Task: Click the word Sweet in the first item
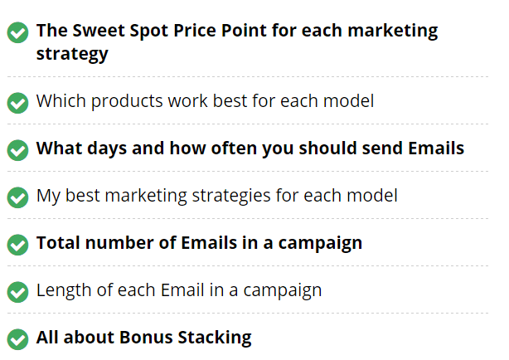tap(98, 31)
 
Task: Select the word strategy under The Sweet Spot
tap(72, 55)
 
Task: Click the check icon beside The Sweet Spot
tap(18, 32)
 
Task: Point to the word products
tap(127, 101)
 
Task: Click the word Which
tap(61, 100)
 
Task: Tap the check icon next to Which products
tap(18, 103)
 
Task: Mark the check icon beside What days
tap(18, 150)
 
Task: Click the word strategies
tap(231, 196)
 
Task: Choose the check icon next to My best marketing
tap(18, 197)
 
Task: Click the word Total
tap(58, 243)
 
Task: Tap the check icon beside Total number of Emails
tap(18, 245)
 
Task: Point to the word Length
tap(64, 290)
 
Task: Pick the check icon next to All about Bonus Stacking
tap(18, 339)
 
